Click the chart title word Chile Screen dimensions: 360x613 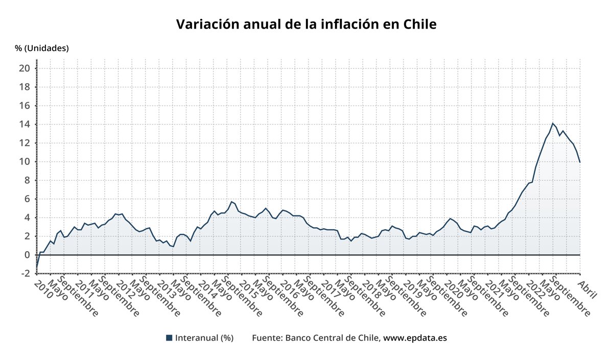420,25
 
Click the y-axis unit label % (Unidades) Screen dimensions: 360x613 41,48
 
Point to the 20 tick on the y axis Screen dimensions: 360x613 25,68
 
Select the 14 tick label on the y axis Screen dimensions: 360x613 25,125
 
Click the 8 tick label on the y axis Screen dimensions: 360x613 28,180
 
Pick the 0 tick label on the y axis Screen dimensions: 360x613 28,255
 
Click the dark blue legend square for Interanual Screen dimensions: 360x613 169,338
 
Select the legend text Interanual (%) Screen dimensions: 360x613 204,338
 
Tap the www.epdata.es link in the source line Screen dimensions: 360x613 415,338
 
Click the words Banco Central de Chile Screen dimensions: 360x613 332,338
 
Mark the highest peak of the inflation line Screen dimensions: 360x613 552,123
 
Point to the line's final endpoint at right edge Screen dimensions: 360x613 580,162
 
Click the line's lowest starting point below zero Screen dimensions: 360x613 37,268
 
